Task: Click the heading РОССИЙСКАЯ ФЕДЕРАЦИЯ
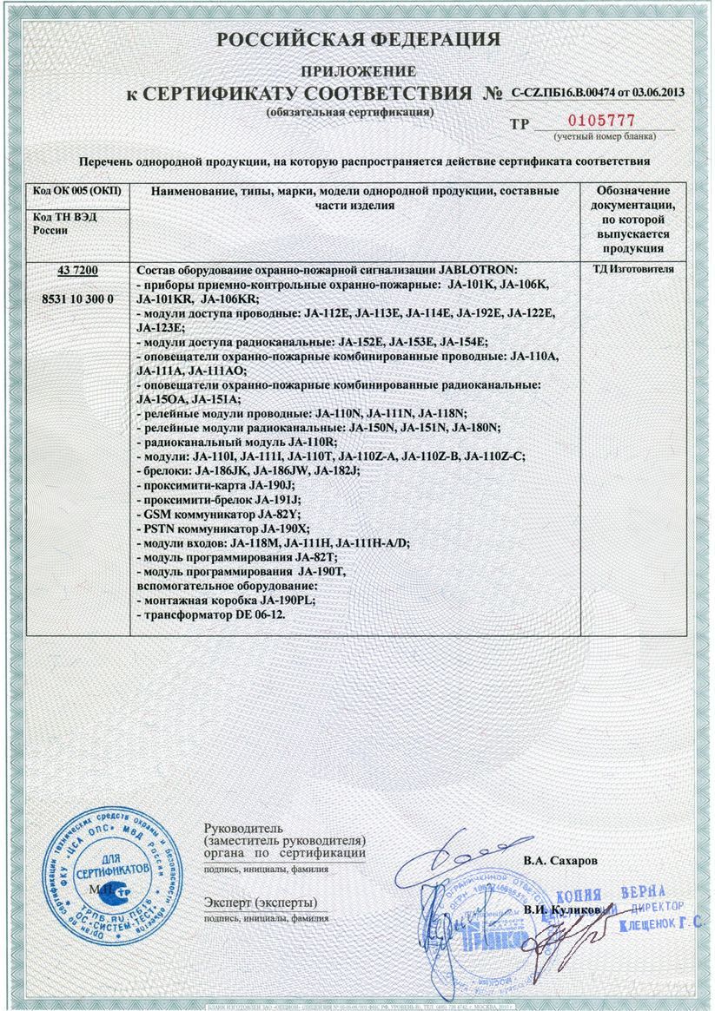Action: pos(358,40)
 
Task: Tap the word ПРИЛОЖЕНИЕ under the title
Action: pos(358,70)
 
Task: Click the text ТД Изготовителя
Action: pos(633,269)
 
